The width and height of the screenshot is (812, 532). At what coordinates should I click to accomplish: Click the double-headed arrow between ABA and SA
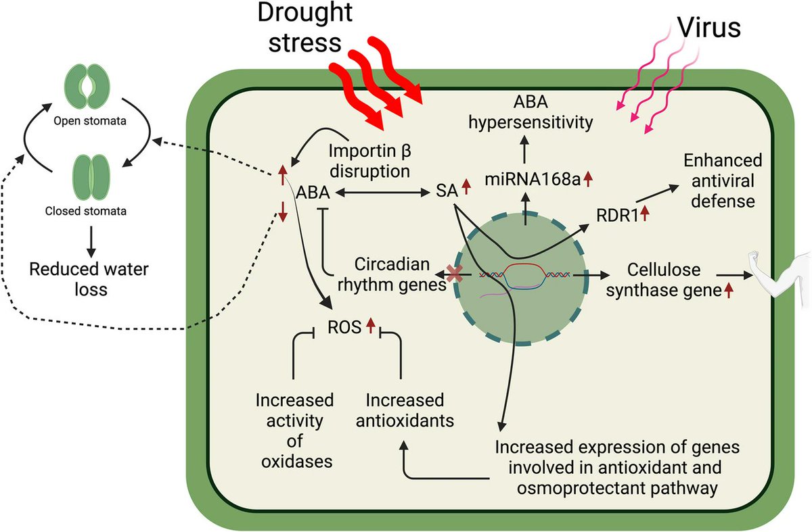384,193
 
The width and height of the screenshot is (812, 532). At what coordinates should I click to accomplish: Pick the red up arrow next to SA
465,185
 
